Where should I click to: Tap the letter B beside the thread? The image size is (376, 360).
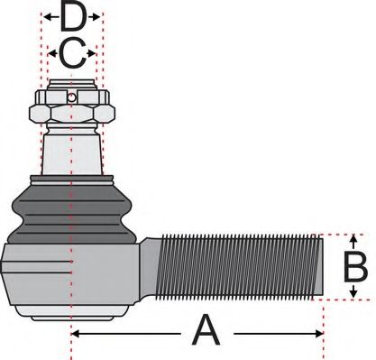[x=356, y=267]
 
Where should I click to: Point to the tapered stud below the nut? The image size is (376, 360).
[x=71, y=149]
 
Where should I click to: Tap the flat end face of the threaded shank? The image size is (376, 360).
[x=320, y=267]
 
